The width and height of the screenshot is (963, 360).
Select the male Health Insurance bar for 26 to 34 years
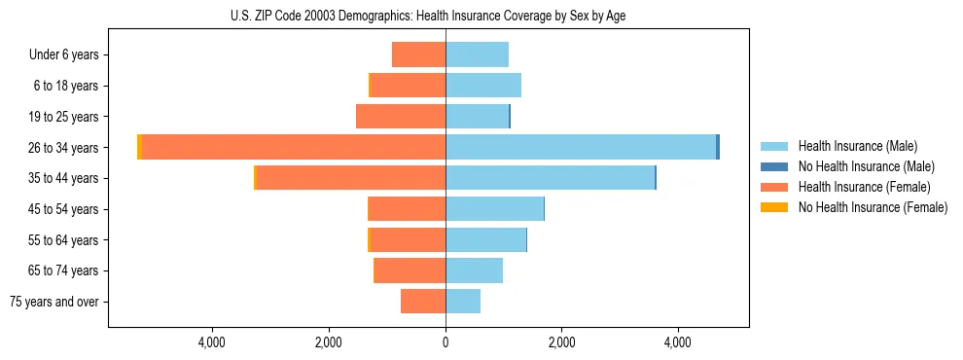[x=581, y=147]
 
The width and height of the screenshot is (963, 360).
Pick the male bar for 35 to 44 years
[x=551, y=178]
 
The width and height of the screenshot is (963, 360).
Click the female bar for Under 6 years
[x=418, y=54]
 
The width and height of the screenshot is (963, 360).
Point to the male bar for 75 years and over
[x=463, y=302]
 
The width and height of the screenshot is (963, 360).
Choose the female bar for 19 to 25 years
[x=401, y=117]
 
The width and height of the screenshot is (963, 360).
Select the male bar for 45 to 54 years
[x=494, y=209]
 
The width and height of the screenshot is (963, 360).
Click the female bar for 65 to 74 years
[x=410, y=270]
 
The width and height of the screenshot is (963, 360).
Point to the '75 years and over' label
[x=54, y=302]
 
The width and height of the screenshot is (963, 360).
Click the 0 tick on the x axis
[x=446, y=342]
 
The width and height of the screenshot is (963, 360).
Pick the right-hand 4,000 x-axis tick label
[x=677, y=342]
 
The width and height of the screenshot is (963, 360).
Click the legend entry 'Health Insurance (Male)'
[x=857, y=146]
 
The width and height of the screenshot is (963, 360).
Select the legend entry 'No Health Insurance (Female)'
[x=873, y=207]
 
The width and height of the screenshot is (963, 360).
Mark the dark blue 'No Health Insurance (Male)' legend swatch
[x=774, y=166]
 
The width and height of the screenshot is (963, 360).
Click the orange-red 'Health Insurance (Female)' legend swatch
[x=774, y=187]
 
